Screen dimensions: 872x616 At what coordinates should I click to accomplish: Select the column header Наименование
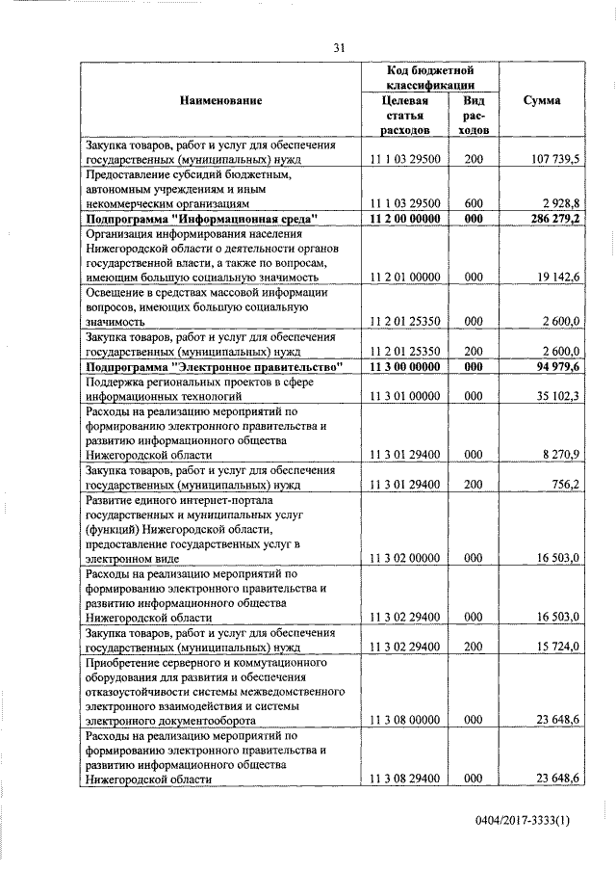point(219,101)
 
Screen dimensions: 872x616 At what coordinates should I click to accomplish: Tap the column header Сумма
point(543,101)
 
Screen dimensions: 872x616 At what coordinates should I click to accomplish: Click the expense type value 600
point(473,204)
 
